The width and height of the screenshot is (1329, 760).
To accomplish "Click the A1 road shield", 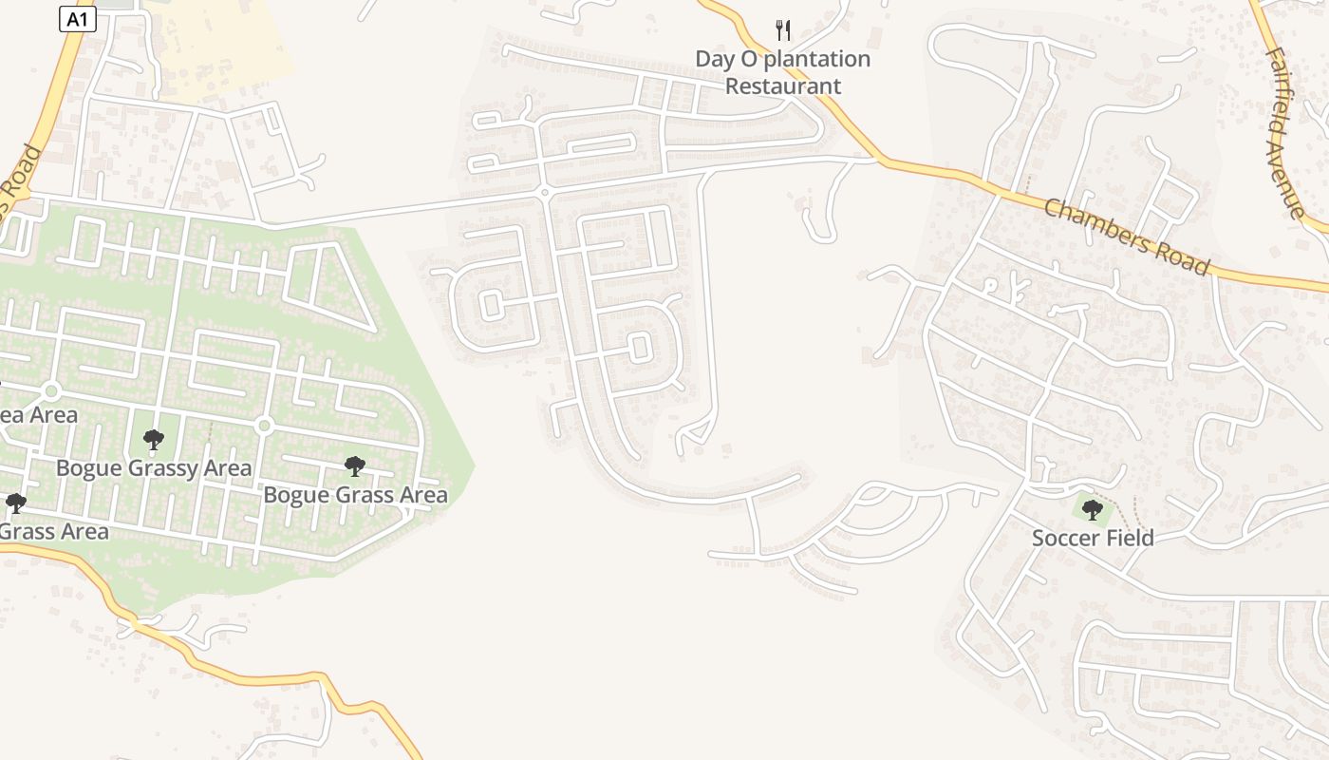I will pyautogui.click(x=78, y=19).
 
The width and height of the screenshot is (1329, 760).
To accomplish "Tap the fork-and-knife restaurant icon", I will pyautogui.click(x=783, y=30).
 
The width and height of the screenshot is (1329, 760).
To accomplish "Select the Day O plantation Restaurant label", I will pyautogui.click(x=783, y=72).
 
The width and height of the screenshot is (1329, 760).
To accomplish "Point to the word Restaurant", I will pyautogui.click(x=783, y=85).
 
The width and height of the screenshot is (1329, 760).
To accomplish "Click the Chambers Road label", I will pyautogui.click(x=1127, y=236).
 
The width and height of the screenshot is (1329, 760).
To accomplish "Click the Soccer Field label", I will pyautogui.click(x=1093, y=538).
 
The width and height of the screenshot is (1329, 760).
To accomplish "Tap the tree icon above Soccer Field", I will pyautogui.click(x=1093, y=509).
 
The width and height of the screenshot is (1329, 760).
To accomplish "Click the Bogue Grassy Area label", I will pyautogui.click(x=154, y=467).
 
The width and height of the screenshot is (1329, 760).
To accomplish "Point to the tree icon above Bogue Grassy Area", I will pyautogui.click(x=153, y=440).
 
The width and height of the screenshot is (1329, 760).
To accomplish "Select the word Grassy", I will pyautogui.click(x=162, y=468).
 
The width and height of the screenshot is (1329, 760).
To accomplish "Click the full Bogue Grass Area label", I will pyautogui.click(x=355, y=495).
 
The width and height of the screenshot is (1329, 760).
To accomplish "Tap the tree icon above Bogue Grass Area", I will pyautogui.click(x=355, y=466).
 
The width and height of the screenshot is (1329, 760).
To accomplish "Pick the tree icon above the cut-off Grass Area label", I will pyautogui.click(x=15, y=503).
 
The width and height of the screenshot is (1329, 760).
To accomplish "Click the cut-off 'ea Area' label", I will pyautogui.click(x=38, y=415).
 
